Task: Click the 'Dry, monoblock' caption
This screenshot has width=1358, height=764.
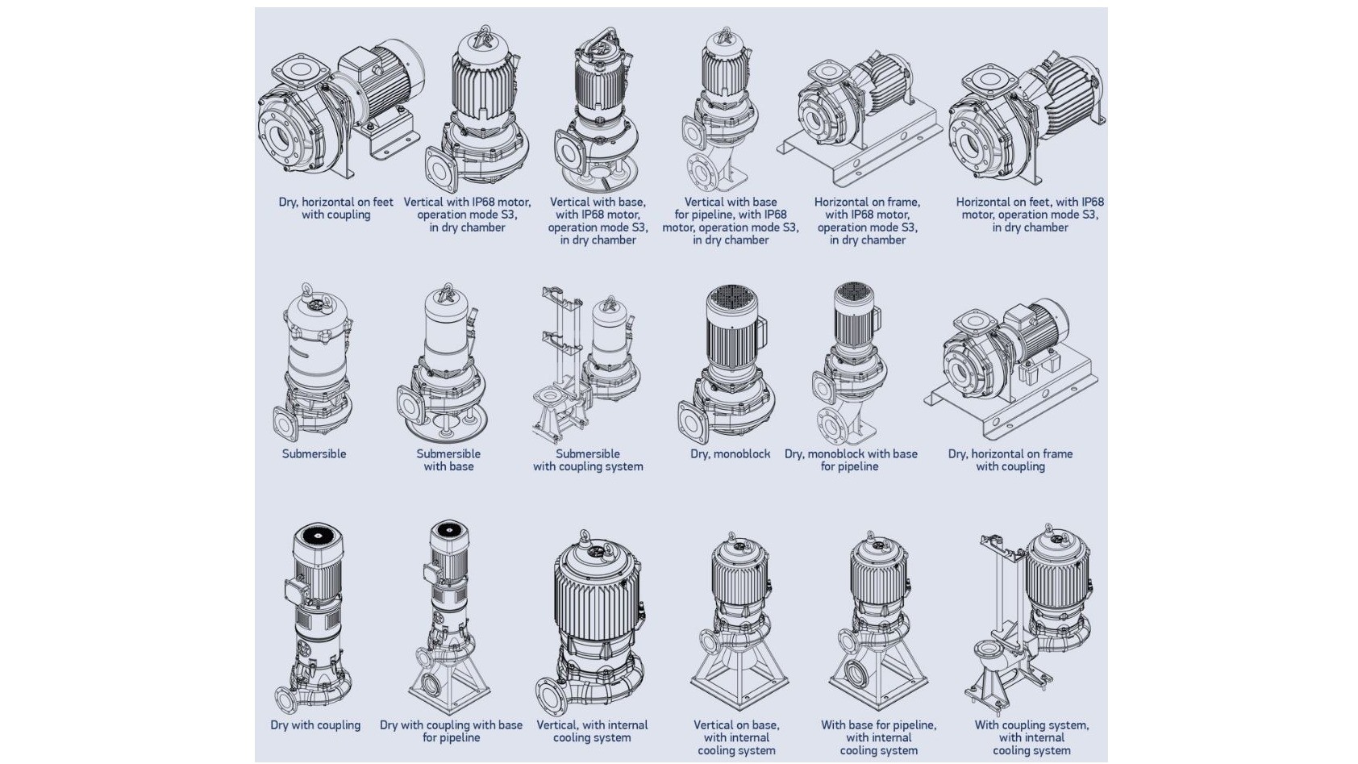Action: point(730,454)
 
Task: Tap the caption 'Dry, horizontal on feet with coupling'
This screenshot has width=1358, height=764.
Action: point(335,208)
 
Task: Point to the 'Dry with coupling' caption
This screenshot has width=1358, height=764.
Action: point(315,725)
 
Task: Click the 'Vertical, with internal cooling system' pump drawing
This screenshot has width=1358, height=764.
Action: point(594,621)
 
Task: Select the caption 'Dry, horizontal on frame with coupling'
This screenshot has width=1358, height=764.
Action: point(1010,460)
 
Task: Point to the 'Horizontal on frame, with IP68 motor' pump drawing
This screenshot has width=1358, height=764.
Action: point(860,117)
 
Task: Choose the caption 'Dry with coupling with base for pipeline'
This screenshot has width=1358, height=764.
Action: point(451,731)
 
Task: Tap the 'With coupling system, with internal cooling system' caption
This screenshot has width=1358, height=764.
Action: point(1031,737)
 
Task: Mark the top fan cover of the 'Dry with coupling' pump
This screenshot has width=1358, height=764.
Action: point(317,536)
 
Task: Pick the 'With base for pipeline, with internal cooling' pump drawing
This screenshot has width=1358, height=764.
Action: point(877,621)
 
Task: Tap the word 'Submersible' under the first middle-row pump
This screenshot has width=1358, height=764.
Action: point(314,454)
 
